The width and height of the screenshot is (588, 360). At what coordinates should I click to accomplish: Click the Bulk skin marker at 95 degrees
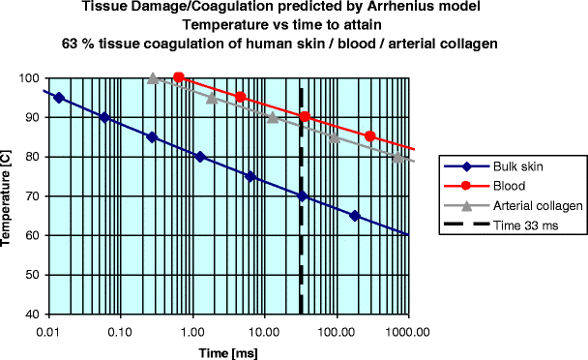point(59,98)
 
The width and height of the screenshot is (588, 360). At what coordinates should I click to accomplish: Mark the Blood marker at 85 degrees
point(369,136)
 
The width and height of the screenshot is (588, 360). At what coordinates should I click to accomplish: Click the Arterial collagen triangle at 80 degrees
point(397,157)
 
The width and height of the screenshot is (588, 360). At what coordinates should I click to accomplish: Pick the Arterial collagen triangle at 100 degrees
point(153,78)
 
